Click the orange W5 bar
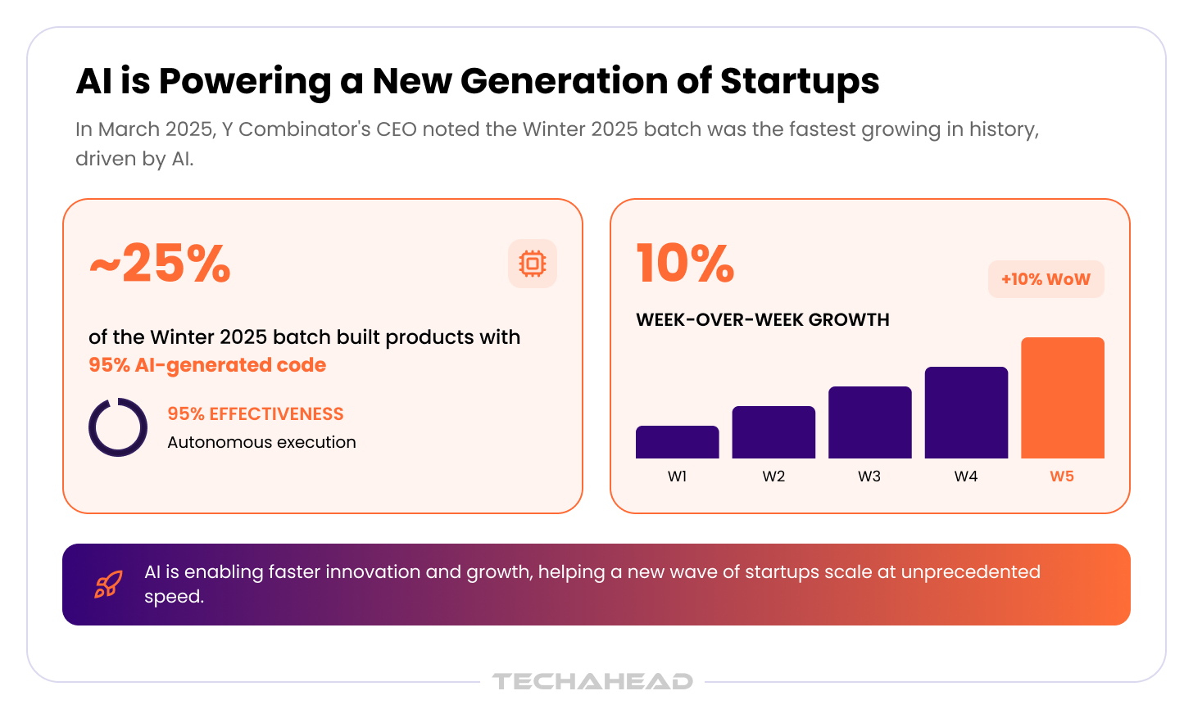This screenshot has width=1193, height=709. tap(1063, 398)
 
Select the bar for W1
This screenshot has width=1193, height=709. tap(677, 442)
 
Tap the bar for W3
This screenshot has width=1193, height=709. tap(869, 422)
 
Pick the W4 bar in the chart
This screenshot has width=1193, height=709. tap(966, 413)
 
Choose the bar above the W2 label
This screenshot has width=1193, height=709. tap(773, 432)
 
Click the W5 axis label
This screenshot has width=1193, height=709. tap(1062, 476)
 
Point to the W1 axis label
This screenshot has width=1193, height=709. tap(677, 476)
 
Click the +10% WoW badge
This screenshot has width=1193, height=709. tap(1046, 279)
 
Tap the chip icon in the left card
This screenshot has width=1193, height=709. tap(532, 264)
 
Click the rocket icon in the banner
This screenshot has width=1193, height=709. tap(109, 584)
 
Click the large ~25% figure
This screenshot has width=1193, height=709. tap(160, 264)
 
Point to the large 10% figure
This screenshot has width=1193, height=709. tap(686, 263)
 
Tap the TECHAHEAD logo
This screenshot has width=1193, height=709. tap(592, 681)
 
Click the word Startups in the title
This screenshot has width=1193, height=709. tap(800, 81)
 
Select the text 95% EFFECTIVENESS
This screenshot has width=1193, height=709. tap(256, 413)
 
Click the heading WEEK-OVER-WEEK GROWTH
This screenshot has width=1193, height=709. tap(763, 319)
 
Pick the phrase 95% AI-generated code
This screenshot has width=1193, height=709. tap(207, 365)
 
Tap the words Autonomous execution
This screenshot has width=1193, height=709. tap(261, 442)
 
